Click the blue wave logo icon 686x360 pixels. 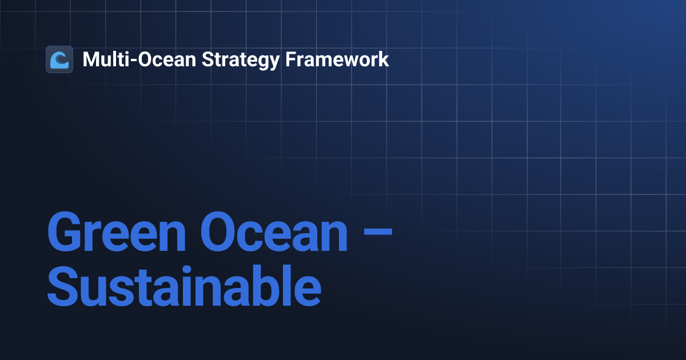[59, 59]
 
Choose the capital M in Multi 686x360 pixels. [91, 59]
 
